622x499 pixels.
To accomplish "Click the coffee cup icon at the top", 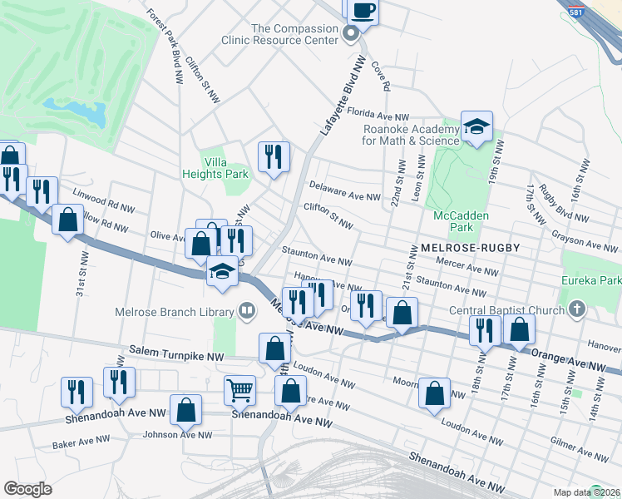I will [x=362, y=10].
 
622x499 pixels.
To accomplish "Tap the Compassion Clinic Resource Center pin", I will [x=350, y=33].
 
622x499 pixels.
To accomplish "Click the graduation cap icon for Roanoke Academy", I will [x=476, y=127].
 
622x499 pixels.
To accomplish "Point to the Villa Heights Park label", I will [x=215, y=168].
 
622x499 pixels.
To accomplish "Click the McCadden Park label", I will [x=453, y=220].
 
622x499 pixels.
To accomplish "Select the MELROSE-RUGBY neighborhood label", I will [x=471, y=248].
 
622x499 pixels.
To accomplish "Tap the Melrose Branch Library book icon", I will [x=246, y=311].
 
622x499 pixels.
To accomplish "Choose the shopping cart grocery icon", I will [x=239, y=389].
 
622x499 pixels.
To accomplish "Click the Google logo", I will [x=27, y=488].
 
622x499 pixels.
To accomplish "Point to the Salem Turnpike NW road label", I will [x=177, y=355].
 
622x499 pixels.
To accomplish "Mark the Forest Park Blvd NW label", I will [x=165, y=47].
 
